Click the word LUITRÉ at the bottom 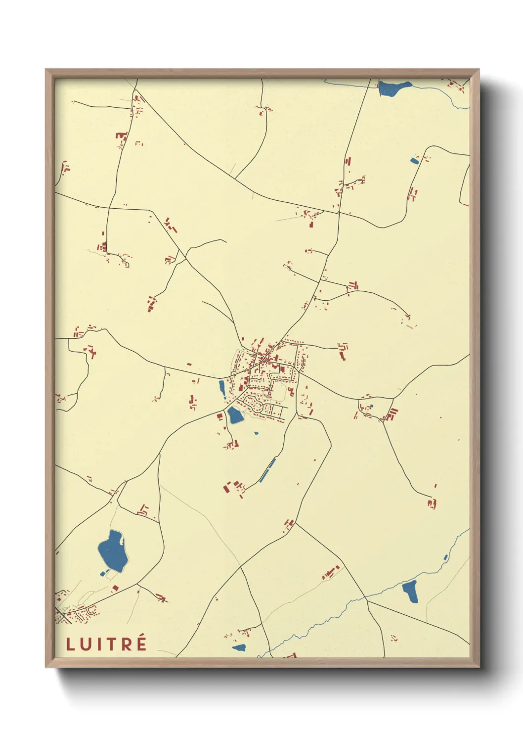106,644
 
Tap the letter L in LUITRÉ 70,644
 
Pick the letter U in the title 85,644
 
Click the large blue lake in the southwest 113,550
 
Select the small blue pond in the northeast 414,160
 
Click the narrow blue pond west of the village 222,388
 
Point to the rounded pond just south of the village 235,415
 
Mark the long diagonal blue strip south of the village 267,470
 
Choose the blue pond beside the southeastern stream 410,592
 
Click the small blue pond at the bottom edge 239,647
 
